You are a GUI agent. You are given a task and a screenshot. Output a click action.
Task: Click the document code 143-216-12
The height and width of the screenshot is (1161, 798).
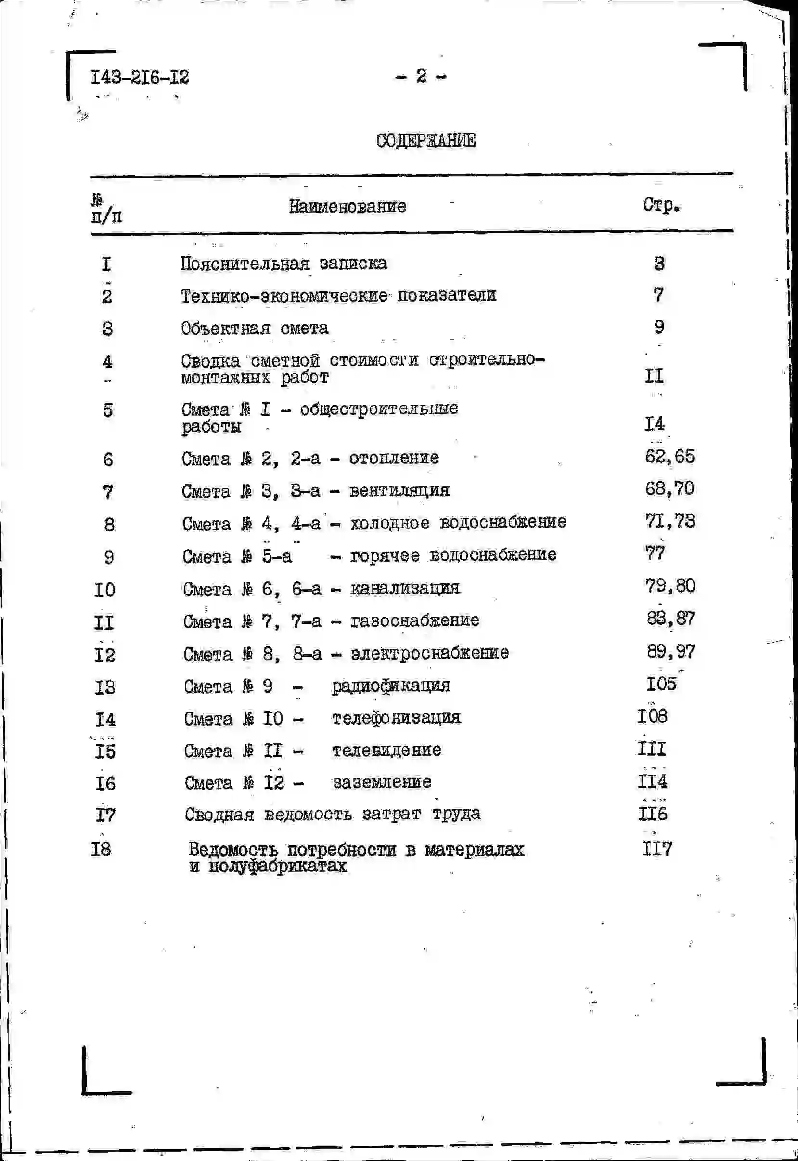pyautogui.click(x=140, y=78)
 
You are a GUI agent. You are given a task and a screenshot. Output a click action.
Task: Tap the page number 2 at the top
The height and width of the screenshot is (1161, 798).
pyautogui.click(x=421, y=76)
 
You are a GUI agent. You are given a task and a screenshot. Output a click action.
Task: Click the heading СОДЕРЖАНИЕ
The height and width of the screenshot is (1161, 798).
pyautogui.click(x=426, y=141)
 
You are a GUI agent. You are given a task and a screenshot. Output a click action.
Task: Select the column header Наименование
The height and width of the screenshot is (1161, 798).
pyautogui.click(x=347, y=206)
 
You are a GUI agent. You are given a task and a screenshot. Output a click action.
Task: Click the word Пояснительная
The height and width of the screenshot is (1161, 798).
pyautogui.click(x=245, y=264)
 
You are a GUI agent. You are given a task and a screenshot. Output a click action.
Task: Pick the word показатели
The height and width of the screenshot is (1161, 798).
pyautogui.click(x=447, y=295)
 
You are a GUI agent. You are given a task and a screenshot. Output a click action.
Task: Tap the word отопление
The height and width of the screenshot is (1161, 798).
pyautogui.click(x=394, y=458)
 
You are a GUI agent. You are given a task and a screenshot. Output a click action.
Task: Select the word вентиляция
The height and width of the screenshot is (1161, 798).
pyautogui.click(x=399, y=490)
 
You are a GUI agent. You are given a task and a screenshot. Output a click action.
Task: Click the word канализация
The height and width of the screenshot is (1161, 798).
pyautogui.click(x=405, y=588)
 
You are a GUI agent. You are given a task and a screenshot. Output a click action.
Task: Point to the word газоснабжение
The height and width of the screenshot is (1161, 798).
pyautogui.click(x=414, y=621)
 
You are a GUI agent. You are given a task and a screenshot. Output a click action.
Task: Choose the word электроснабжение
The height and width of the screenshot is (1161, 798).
pyautogui.click(x=429, y=653)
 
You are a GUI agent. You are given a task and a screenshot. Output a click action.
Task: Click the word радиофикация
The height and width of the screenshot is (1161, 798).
pyautogui.click(x=391, y=686)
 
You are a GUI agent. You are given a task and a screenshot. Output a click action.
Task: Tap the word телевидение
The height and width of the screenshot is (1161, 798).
pyautogui.click(x=386, y=750)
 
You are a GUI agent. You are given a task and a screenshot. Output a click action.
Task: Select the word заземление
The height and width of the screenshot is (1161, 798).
pyautogui.click(x=382, y=782)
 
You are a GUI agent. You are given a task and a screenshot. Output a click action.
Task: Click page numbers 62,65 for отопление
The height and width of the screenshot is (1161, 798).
pyautogui.click(x=669, y=456)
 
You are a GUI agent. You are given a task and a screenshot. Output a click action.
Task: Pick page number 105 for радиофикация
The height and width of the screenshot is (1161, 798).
pyautogui.click(x=661, y=684)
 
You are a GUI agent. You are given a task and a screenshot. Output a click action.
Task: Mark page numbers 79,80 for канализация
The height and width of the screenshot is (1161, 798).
pyautogui.click(x=670, y=586)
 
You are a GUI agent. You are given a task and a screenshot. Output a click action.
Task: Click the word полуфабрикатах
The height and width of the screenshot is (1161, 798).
pyautogui.click(x=277, y=866)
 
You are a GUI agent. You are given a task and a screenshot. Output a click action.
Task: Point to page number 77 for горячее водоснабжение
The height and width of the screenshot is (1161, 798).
pyautogui.click(x=655, y=554)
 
